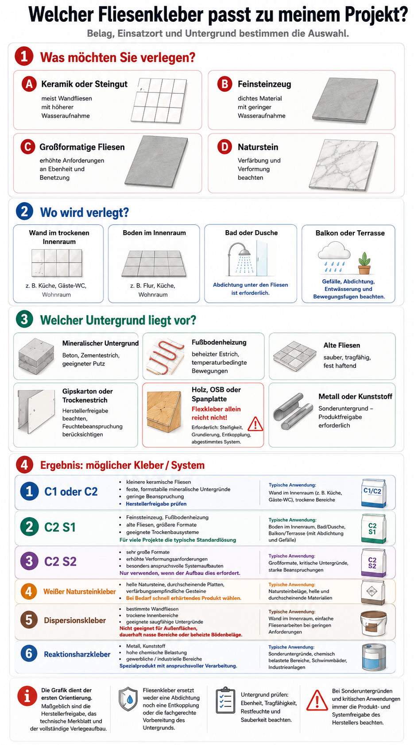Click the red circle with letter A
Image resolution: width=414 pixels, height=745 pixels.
coord(29,84)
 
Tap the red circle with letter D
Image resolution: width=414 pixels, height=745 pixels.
coord(224,147)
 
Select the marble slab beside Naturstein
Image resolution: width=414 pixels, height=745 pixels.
coord(344,165)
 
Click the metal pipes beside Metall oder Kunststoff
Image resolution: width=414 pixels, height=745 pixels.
coord(293,412)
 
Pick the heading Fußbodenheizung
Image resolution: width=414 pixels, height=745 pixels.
coord(219,342)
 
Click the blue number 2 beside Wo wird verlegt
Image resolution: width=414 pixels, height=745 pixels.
coord(24,212)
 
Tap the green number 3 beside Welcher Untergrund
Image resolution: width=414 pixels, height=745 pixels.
coord(24,319)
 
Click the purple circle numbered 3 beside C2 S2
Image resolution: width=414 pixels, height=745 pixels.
coord(29,561)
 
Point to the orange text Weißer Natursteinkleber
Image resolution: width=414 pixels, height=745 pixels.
coord(80,592)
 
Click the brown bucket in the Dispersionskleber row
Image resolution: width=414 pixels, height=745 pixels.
coord(373,624)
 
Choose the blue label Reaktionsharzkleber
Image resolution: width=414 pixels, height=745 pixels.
coord(77,654)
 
